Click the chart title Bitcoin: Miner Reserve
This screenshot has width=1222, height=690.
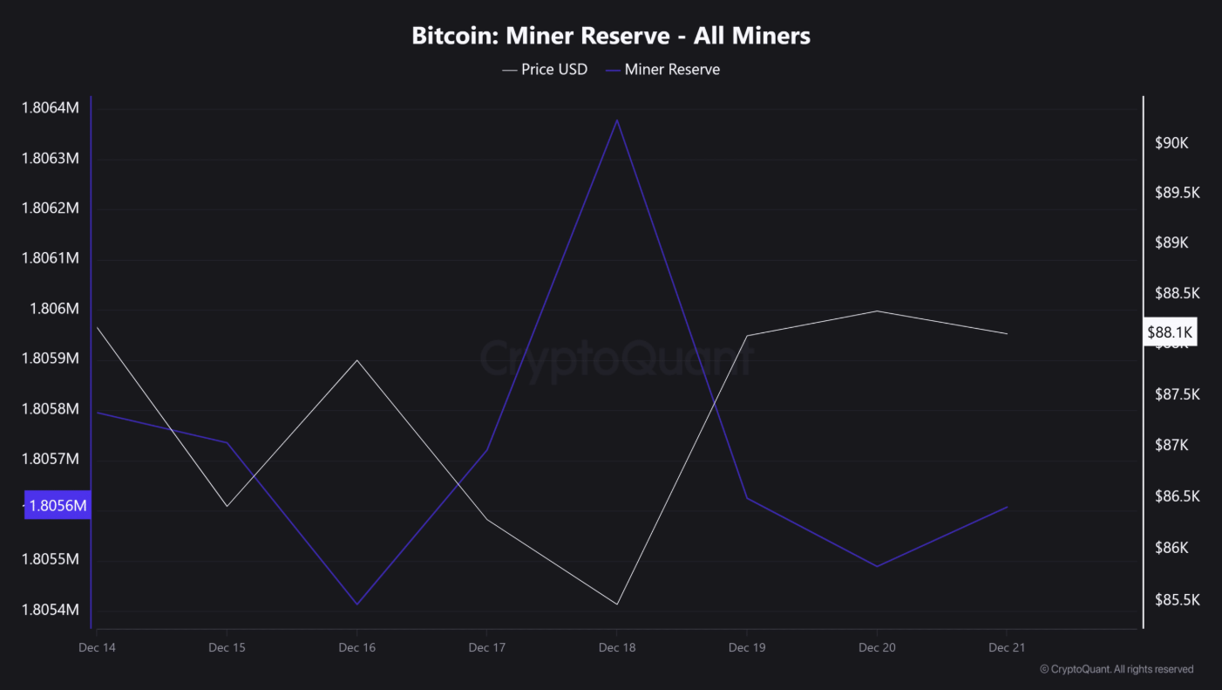610,36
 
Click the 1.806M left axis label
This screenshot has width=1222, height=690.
54,309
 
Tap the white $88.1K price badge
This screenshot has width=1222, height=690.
1170,332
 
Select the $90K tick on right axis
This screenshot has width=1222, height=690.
1171,143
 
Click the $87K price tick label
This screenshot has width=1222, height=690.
1171,446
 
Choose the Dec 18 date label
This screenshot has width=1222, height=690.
617,647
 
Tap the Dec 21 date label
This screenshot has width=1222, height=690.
1006,647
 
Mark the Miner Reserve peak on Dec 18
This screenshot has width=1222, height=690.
617,120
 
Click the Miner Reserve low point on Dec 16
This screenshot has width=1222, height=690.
356,604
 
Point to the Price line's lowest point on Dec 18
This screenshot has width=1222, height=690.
617,604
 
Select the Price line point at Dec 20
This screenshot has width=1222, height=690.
876,311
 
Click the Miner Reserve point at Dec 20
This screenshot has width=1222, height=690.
876,566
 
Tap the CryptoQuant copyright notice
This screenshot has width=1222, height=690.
1117,669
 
